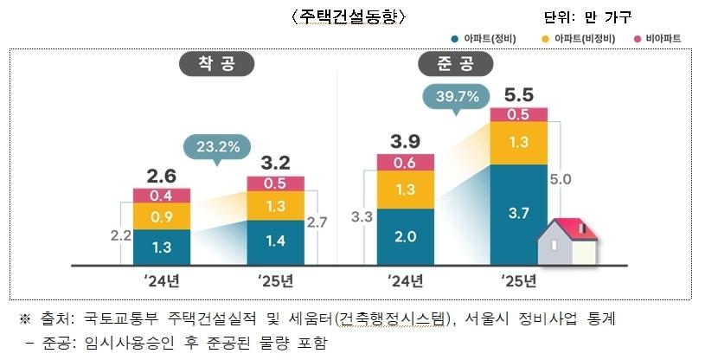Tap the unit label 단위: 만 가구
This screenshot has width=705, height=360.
587,17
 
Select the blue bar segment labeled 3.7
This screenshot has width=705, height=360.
518,213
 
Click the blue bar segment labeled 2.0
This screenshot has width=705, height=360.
405,236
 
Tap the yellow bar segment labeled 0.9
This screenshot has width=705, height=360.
161,215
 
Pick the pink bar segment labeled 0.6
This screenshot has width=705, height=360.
405,162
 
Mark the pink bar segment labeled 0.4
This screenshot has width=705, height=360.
161,195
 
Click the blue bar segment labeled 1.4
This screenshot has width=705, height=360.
275,241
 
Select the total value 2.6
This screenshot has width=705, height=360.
161,174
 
